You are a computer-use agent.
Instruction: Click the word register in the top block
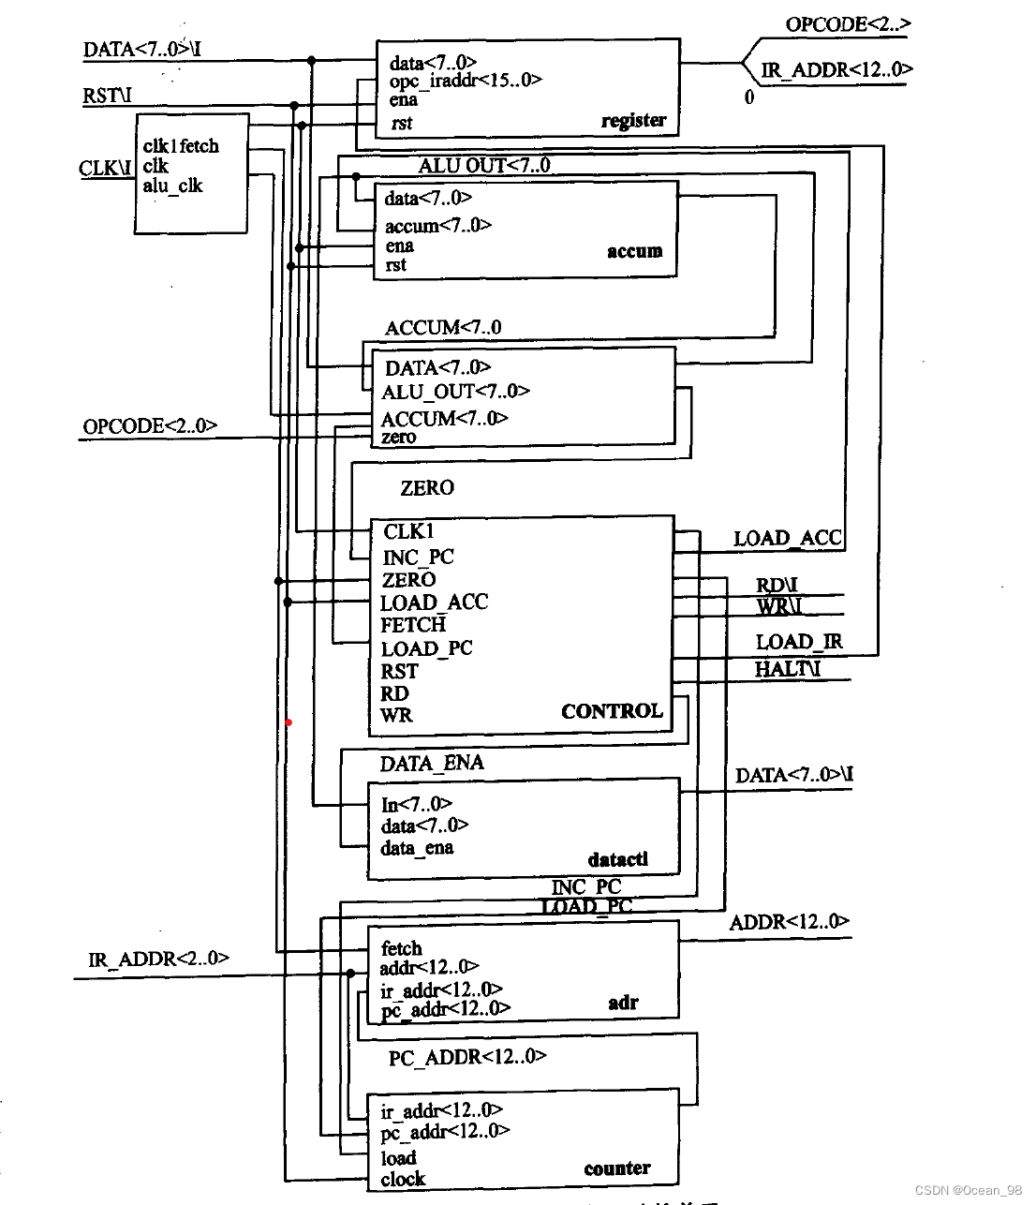(633, 120)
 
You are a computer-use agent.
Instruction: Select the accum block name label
(634, 251)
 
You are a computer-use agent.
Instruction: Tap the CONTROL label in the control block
(612, 711)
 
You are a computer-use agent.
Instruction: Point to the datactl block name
(617, 859)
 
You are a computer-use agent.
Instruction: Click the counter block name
(616, 1168)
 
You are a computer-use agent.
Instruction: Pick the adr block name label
(623, 1003)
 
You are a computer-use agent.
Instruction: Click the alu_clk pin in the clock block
(172, 186)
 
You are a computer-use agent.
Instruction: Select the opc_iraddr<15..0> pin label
(466, 81)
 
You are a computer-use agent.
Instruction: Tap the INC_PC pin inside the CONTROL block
(418, 557)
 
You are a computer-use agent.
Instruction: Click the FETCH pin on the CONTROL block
(413, 625)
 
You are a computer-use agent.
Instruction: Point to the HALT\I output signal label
(787, 668)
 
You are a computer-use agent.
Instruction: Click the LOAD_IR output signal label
(799, 642)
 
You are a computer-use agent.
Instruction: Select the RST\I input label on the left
(107, 95)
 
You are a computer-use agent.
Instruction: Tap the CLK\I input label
(105, 168)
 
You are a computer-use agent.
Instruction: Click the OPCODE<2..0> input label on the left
(150, 426)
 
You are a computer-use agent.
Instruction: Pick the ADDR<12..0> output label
(789, 922)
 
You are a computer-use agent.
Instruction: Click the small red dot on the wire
(289, 722)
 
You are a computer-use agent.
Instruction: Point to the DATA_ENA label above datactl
(432, 763)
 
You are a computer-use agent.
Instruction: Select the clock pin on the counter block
(403, 1179)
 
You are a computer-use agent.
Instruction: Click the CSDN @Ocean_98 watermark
(969, 1190)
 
